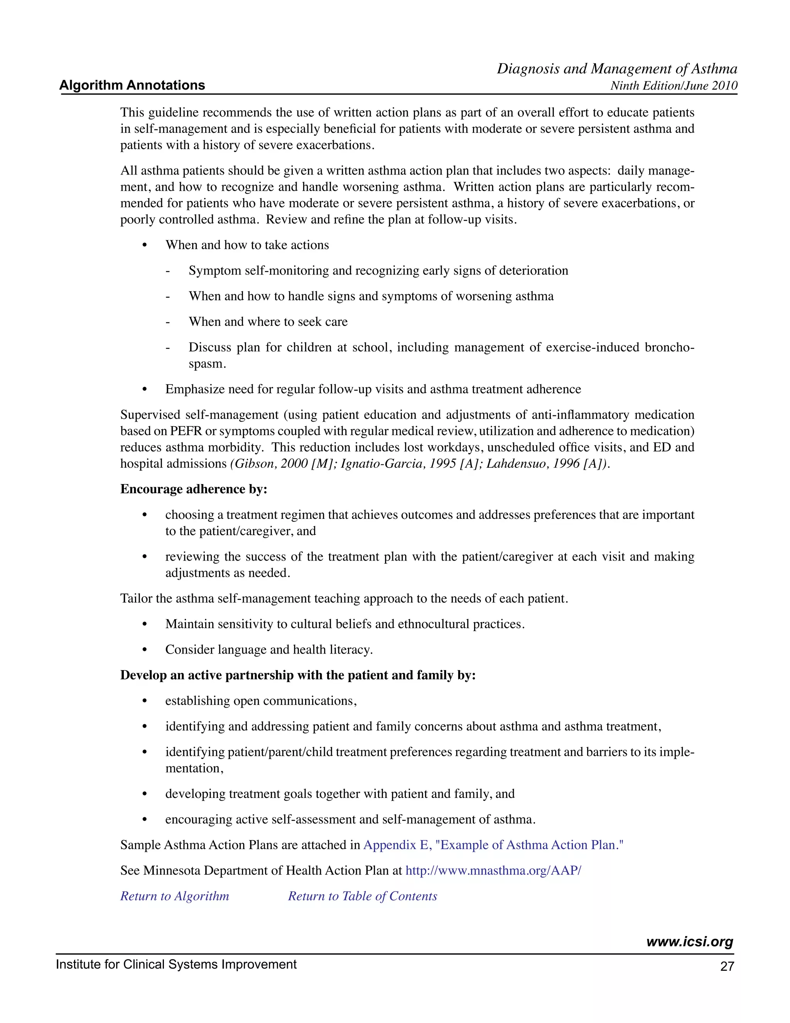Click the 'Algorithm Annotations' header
click(x=132, y=85)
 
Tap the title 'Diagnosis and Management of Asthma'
click(x=616, y=69)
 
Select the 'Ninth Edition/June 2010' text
click(x=674, y=86)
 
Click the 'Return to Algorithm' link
click(x=175, y=896)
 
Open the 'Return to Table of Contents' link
click(x=362, y=896)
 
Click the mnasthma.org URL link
click(x=493, y=870)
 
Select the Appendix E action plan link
click(x=493, y=845)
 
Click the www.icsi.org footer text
click(x=689, y=942)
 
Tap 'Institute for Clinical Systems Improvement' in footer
click(x=176, y=964)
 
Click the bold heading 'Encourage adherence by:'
click(x=194, y=489)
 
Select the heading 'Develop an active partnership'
click(x=298, y=675)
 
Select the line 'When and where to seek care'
click(x=268, y=322)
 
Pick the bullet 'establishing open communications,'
click(x=261, y=701)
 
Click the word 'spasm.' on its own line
click(x=207, y=364)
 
